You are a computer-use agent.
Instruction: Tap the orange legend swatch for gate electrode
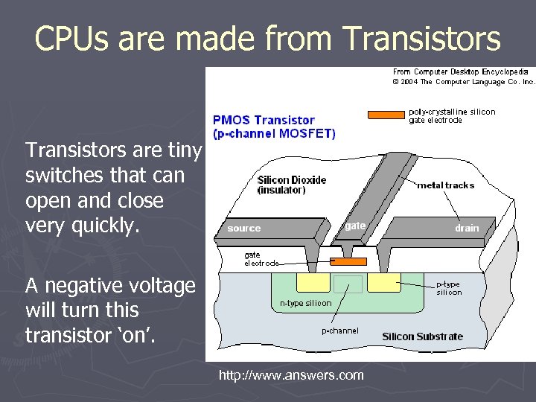[386, 115]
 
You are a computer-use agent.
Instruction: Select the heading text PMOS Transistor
[264, 120]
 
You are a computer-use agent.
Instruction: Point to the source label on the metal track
[244, 229]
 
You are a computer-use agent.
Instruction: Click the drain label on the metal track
[467, 229]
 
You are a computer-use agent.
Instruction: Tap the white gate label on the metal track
[355, 226]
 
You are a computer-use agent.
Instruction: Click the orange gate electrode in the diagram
[348, 262]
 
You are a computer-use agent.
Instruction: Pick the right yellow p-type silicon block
[383, 283]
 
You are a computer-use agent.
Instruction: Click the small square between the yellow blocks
[348, 284]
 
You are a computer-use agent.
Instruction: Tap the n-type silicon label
[305, 303]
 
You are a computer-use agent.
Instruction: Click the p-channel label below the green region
[339, 331]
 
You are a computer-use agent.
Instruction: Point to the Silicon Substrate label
[422, 336]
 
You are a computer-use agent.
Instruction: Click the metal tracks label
[445, 185]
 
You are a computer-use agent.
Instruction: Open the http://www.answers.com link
[291, 375]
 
